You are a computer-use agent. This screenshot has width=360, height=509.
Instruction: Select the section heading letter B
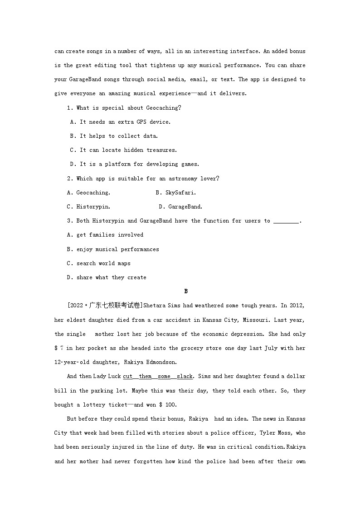pyautogui.click(x=186, y=291)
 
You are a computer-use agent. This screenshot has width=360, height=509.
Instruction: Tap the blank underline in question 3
pyautogui.click(x=287, y=221)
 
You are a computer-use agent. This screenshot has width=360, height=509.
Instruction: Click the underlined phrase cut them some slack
pyautogui.click(x=158, y=377)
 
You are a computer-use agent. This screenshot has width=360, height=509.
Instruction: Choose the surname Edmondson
pyautogui.click(x=156, y=363)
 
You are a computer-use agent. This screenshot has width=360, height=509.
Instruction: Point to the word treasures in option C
pyautogui.click(x=161, y=150)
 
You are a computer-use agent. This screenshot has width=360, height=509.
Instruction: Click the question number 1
pyautogui.click(x=69, y=108)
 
